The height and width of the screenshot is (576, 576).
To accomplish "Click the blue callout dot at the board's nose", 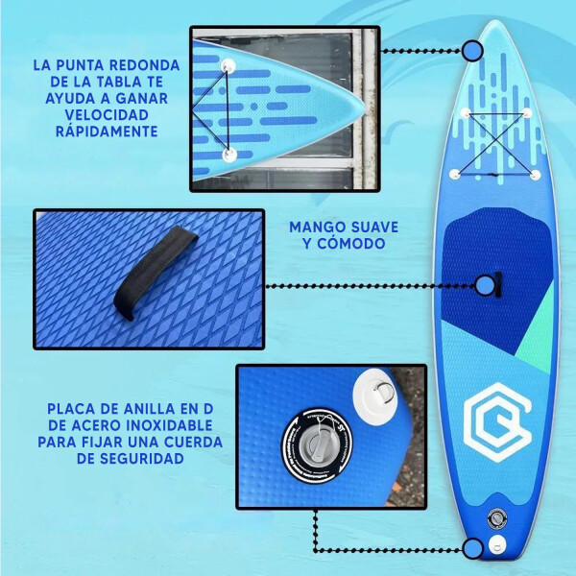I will point(471,51).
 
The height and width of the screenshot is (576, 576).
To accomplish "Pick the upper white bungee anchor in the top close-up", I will point(230,64).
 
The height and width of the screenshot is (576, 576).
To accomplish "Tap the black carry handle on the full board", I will point(498,284).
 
